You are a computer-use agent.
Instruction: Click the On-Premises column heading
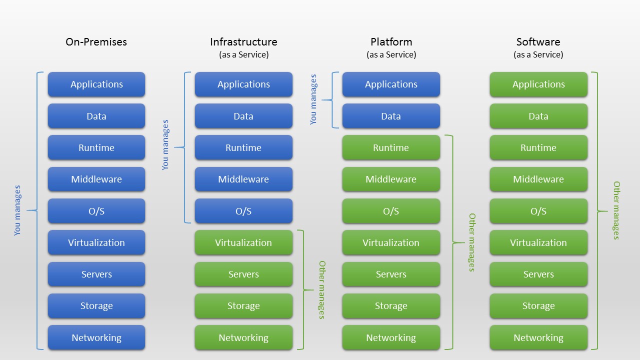(x=96, y=42)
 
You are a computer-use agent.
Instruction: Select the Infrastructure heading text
(x=243, y=42)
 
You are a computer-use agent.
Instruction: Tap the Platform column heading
(x=391, y=42)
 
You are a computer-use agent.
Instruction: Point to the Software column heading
(x=538, y=42)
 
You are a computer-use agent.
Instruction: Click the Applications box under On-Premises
(x=96, y=84)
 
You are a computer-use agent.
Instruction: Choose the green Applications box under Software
(x=538, y=84)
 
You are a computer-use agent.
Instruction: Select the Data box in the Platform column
(x=391, y=116)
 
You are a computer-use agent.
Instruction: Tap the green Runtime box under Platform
(x=391, y=147)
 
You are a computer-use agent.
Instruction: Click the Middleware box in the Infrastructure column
(x=243, y=179)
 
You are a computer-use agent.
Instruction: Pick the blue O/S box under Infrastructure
(x=243, y=211)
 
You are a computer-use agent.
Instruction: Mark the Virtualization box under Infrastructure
(x=243, y=242)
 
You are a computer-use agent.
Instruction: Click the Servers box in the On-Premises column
(x=96, y=274)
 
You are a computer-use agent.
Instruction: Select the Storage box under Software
(x=538, y=305)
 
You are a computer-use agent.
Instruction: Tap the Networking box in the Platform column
(x=391, y=337)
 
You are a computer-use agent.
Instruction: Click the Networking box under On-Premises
(x=96, y=337)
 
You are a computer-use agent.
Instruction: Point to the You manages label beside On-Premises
(x=17, y=210)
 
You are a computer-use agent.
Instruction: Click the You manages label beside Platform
(x=313, y=99)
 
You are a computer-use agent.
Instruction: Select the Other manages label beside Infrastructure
(x=322, y=289)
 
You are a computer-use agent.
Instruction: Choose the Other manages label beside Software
(x=616, y=210)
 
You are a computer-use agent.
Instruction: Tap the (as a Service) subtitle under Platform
(x=391, y=54)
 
